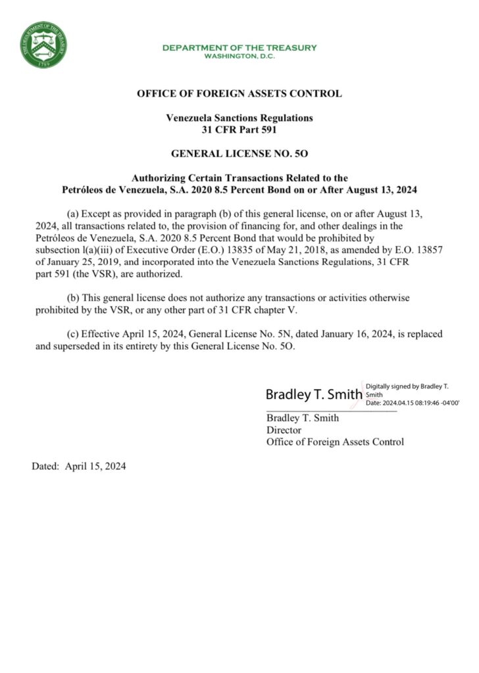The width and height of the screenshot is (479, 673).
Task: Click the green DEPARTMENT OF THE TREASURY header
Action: (239, 47)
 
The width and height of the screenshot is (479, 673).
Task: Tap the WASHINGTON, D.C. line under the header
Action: (239, 56)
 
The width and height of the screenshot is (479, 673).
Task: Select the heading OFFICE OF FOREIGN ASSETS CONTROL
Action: (239, 93)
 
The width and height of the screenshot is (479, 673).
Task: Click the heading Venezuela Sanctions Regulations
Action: (239, 118)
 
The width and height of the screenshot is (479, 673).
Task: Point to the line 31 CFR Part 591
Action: (239, 129)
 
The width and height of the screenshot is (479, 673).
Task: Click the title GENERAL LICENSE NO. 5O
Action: (239, 154)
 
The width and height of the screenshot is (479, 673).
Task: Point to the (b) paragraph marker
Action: (75, 298)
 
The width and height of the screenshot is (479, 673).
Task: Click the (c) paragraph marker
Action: (75, 334)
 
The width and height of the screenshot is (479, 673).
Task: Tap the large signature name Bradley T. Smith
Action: (314, 394)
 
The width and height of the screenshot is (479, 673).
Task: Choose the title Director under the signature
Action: (284, 430)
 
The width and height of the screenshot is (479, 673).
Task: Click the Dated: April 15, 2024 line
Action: (79, 466)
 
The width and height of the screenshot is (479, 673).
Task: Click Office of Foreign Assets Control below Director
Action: (335, 442)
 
